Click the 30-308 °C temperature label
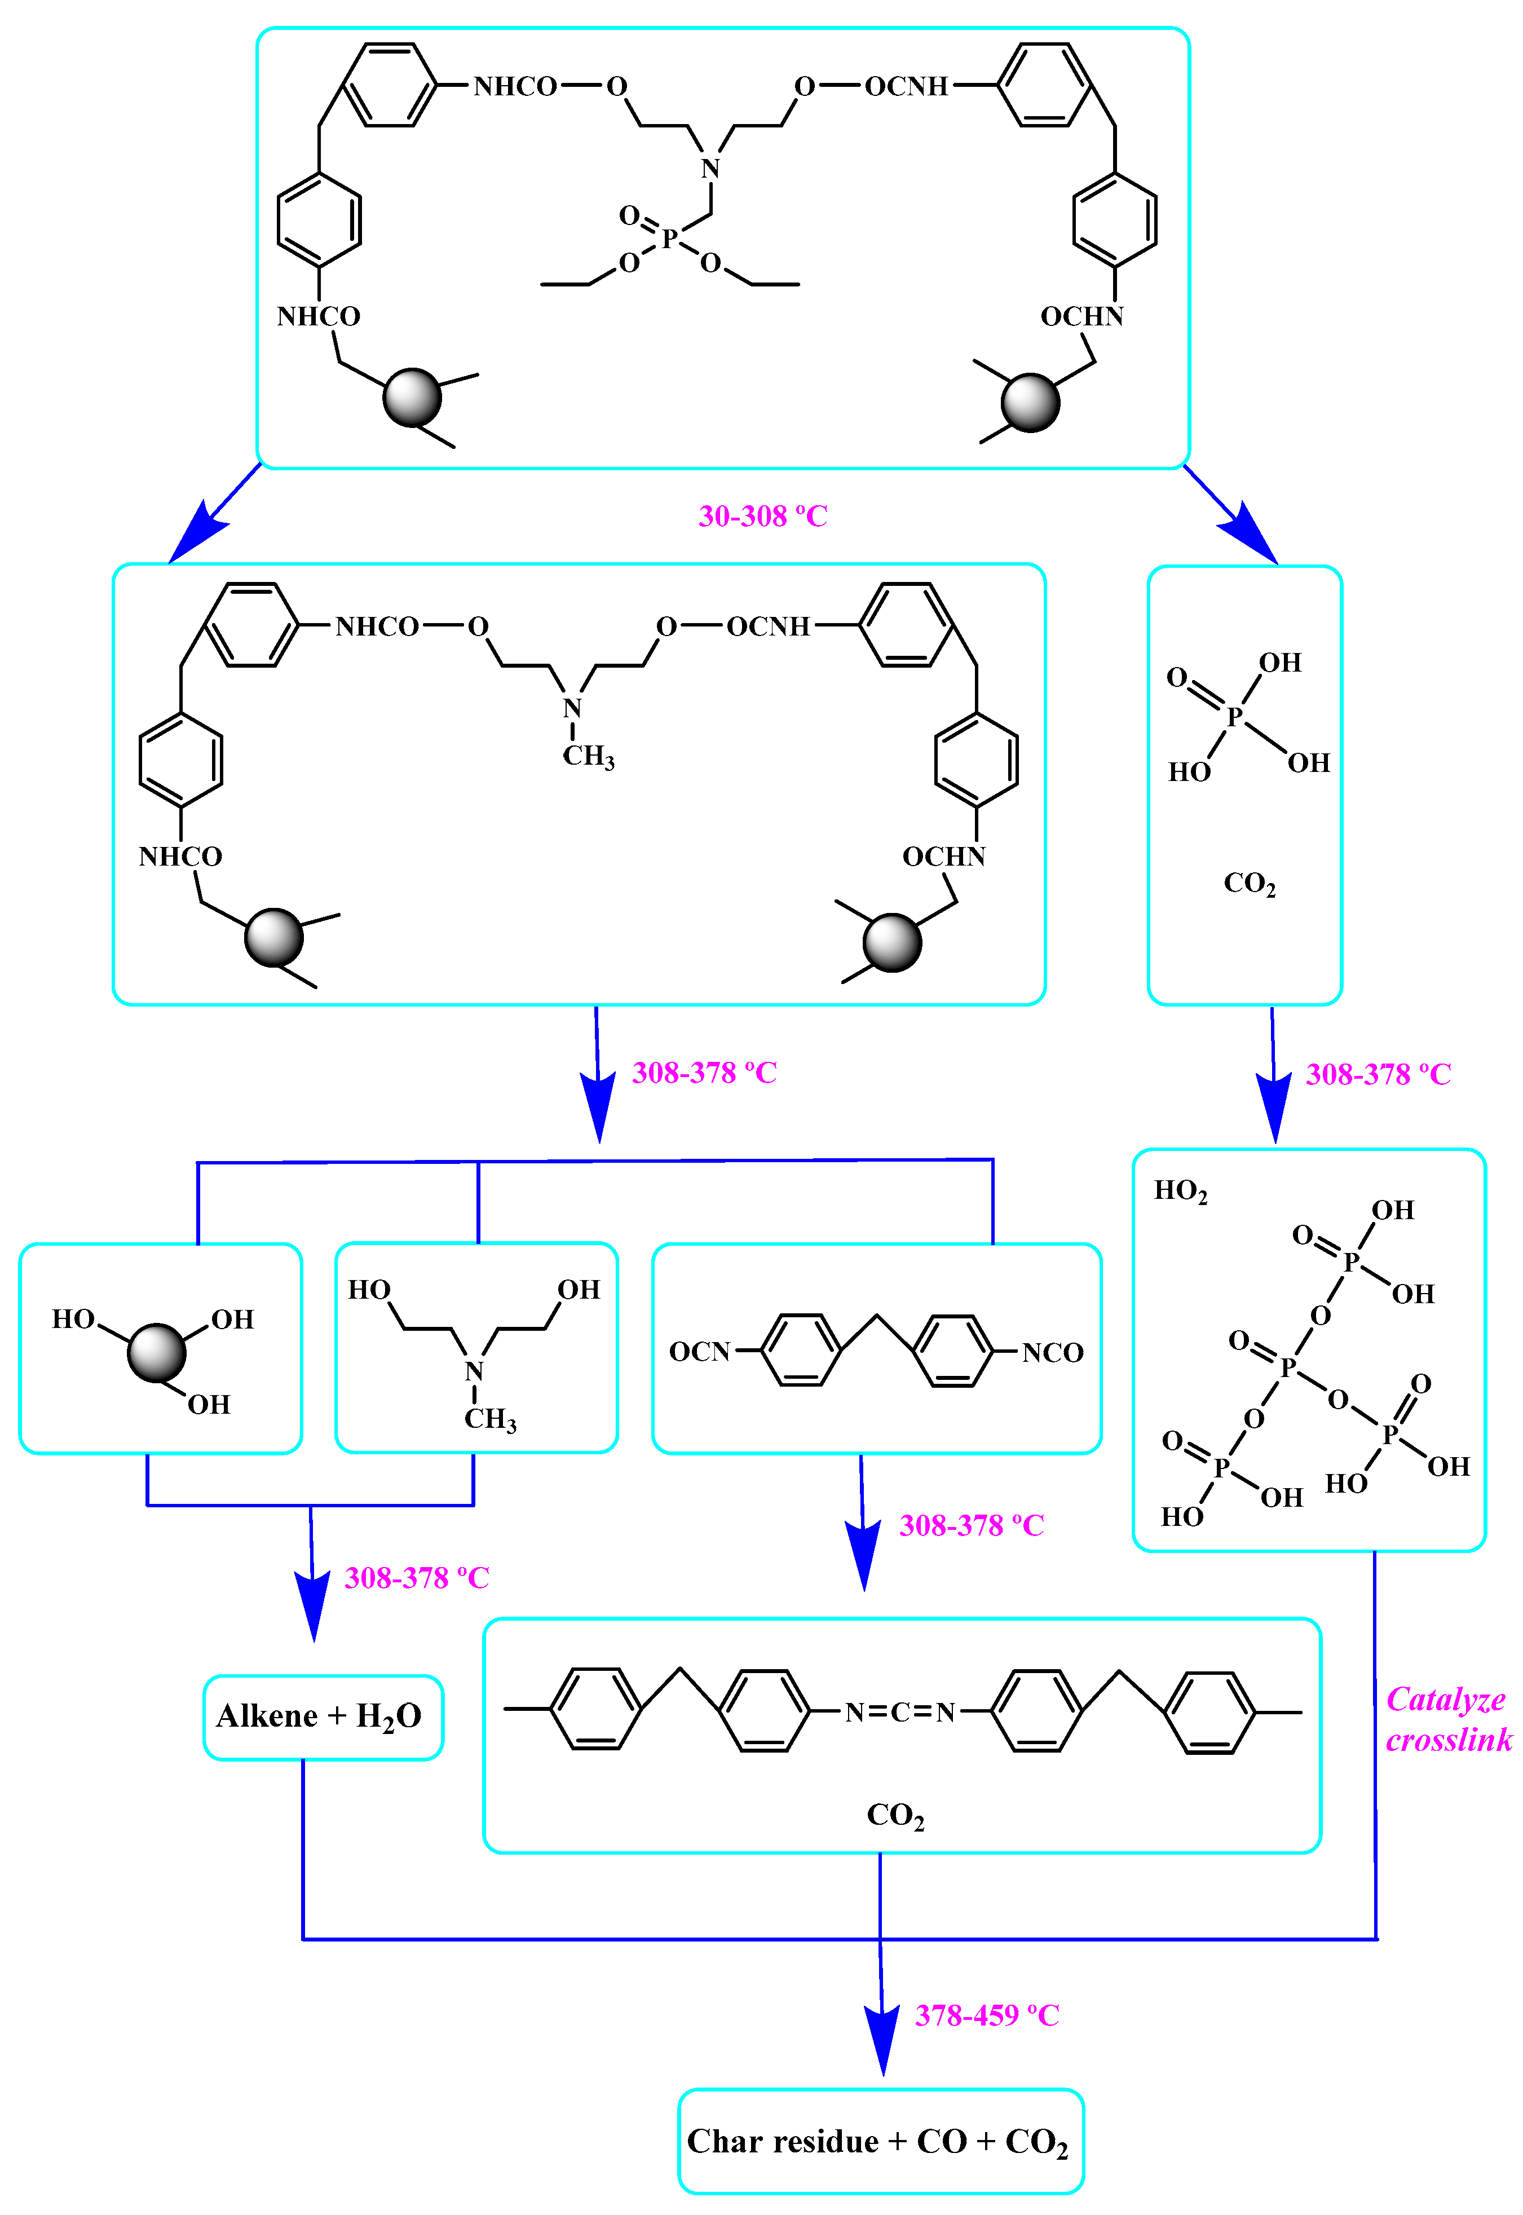(762, 517)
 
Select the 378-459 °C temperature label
(987, 2015)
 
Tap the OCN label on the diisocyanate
(699, 1351)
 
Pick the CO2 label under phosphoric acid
(1248, 883)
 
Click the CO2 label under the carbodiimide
(894, 1814)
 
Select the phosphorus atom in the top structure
(670, 237)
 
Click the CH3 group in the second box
(588, 757)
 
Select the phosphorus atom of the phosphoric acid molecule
(1234, 716)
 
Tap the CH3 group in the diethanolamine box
(489, 1419)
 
